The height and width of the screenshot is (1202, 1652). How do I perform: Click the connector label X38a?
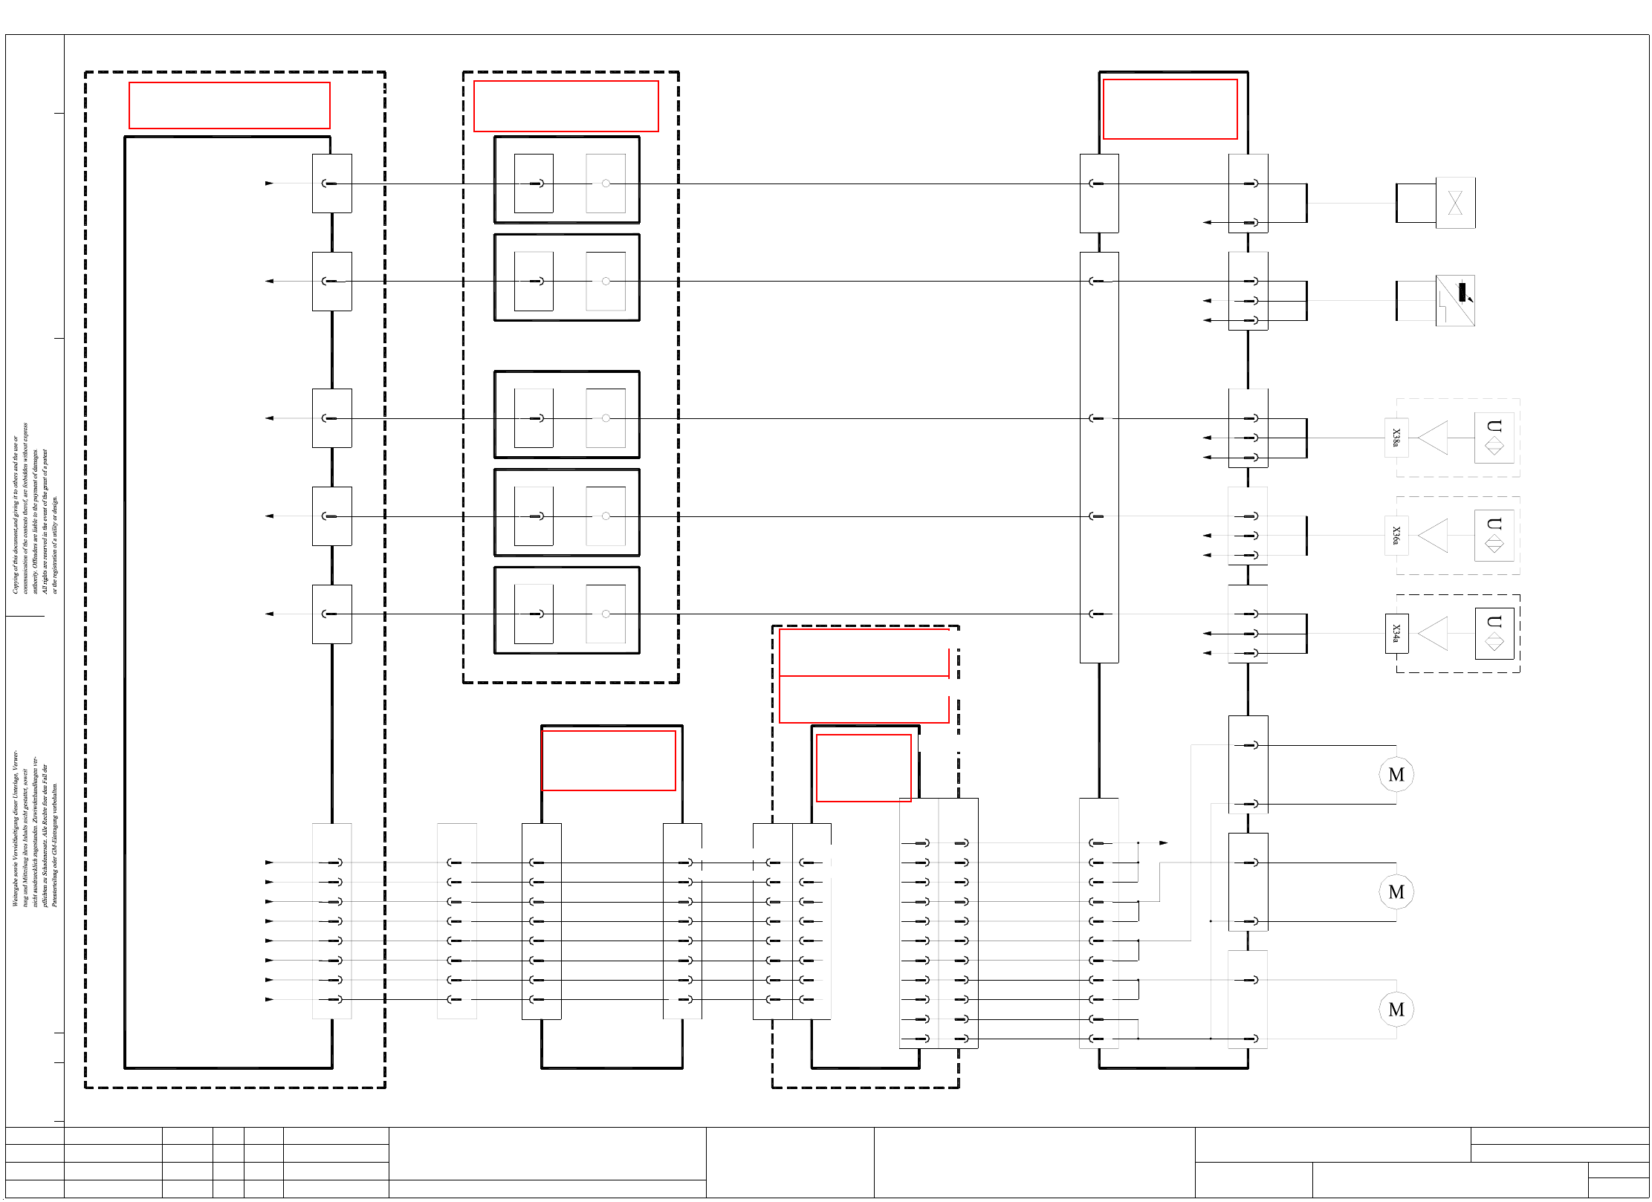tap(1396, 438)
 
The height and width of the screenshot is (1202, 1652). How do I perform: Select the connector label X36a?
tap(1396, 536)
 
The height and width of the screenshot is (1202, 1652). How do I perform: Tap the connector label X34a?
tap(1396, 634)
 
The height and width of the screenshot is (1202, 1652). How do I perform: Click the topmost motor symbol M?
tap(1396, 775)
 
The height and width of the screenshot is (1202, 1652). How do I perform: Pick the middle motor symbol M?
tap(1396, 892)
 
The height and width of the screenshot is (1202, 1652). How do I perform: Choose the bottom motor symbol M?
tap(1396, 1010)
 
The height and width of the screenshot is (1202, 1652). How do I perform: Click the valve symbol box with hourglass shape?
tap(1455, 203)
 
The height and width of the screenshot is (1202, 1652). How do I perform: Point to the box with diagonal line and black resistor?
tap(1455, 301)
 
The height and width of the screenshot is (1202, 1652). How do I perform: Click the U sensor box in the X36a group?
tap(1494, 536)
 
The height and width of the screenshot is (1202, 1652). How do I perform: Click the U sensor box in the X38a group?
tap(1494, 438)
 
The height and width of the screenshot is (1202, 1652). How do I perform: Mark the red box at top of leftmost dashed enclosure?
tap(230, 105)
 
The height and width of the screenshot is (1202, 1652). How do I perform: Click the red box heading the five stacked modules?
tap(566, 106)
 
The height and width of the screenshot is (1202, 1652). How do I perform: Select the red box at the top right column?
tap(1170, 109)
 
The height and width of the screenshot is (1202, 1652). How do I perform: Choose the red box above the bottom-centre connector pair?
tap(609, 761)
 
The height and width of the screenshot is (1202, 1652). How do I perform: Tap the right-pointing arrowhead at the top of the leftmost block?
tap(269, 183)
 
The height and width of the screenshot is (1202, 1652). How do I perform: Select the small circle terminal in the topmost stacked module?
tap(606, 183)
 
